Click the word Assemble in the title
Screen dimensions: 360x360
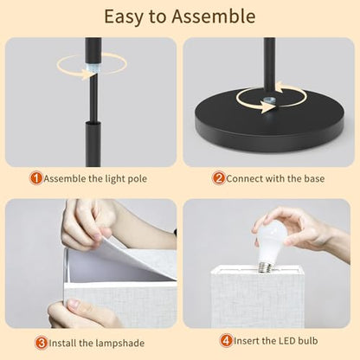(x=214, y=16)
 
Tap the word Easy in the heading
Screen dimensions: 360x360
(x=123, y=17)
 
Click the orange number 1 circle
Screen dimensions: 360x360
(x=36, y=178)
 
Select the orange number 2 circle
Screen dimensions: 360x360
(x=219, y=178)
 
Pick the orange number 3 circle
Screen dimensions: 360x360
(x=42, y=343)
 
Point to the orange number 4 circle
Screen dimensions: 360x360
(x=227, y=341)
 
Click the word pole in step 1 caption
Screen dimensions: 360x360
(x=138, y=179)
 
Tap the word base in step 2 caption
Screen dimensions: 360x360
(x=314, y=178)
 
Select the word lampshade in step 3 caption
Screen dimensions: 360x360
(x=119, y=344)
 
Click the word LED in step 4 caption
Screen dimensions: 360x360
(x=286, y=341)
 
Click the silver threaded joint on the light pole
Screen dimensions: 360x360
(x=93, y=69)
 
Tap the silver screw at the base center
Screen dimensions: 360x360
(x=270, y=101)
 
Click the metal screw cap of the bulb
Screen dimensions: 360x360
(x=267, y=267)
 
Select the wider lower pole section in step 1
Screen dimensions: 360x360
(x=93, y=144)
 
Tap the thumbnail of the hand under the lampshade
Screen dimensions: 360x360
(x=74, y=305)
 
